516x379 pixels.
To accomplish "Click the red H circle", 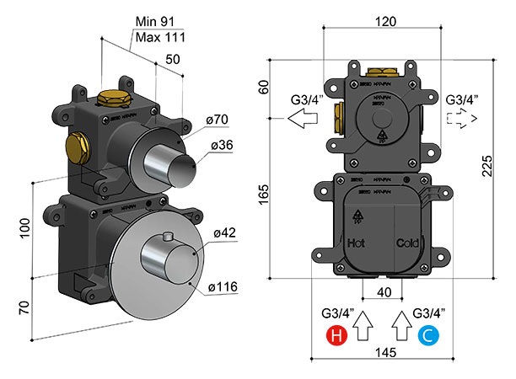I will click(336, 337).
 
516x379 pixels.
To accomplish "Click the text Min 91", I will click(157, 23).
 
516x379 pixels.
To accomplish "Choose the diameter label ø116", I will click(223, 287).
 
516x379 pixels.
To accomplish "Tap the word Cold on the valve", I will click(407, 243).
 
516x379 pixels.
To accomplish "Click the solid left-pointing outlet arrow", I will click(301, 120).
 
